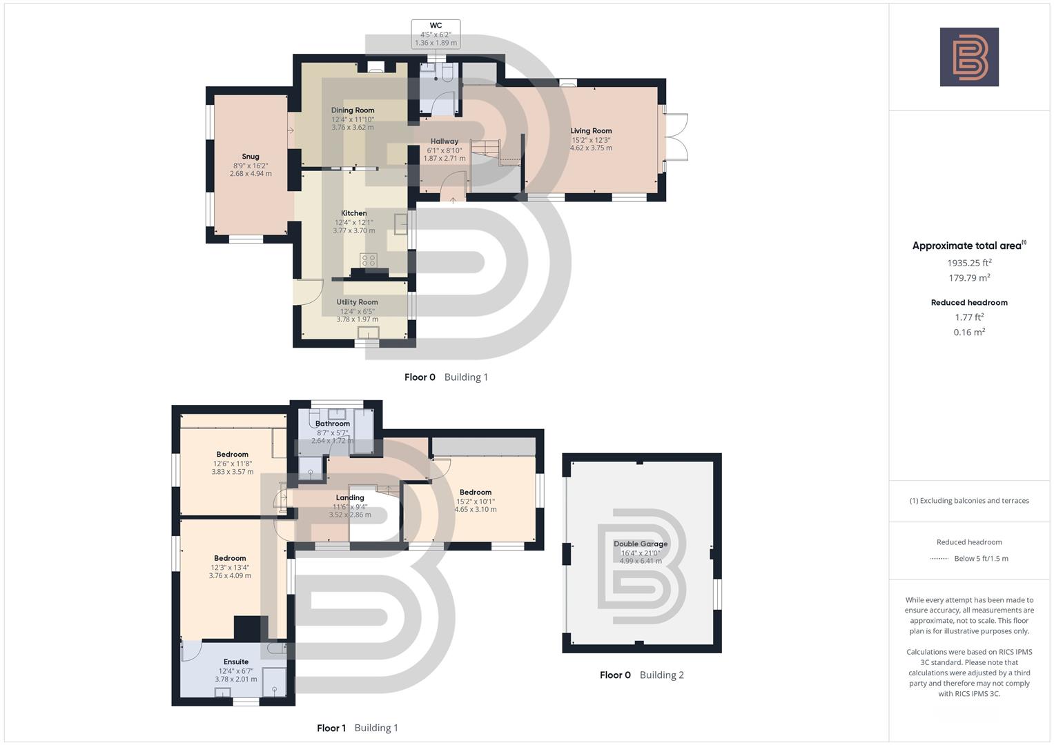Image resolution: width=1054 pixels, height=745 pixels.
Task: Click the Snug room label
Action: click(251, 157)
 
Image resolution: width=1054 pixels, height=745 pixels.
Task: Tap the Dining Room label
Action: click(353, 110)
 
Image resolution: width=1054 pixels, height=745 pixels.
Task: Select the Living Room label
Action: click(591, 131)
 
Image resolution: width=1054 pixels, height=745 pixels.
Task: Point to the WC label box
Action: click(436, 34)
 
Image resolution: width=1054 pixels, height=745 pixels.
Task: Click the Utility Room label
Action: click(357, 302)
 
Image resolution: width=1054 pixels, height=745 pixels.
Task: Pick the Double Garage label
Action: click(641, 544)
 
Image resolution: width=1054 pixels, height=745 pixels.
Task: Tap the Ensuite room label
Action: click(236, 662)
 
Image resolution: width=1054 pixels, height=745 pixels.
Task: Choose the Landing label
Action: click(350, 497)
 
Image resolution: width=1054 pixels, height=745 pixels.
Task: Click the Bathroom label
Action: click(333, 424)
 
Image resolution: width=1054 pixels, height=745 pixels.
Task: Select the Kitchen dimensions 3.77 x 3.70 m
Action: click(354, 230)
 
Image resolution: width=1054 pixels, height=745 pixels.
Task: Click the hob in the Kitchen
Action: click(369, 260)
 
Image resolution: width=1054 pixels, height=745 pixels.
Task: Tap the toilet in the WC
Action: click(447, 72)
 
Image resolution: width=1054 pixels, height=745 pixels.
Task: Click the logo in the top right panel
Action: click(969, 57)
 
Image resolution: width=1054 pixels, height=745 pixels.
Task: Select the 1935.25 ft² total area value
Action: click(969, 263)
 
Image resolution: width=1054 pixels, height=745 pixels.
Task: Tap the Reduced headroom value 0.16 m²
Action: click(969, 332)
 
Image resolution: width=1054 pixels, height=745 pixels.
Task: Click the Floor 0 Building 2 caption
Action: click(642, 675)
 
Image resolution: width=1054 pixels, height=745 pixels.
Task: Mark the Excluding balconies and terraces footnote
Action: click(969, 501)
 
